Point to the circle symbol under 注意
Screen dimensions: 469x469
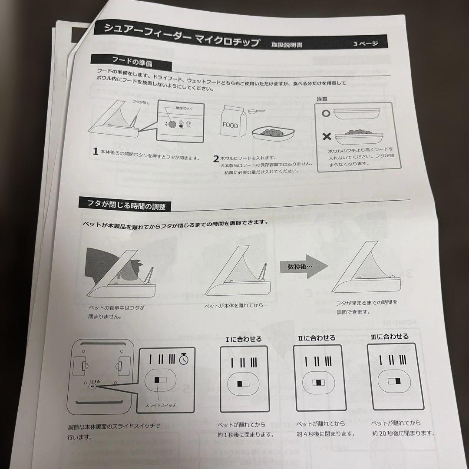(x=327, y=112)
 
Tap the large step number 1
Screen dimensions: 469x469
(x=95, y=152)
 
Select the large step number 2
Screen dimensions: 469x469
(x=215, y=159)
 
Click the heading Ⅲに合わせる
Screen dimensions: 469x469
(x=390, y=337)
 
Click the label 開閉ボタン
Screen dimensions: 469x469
(x=184, y=108)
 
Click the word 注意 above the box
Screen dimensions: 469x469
(x=322, y=99)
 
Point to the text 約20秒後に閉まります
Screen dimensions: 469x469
(x=403, y=433)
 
